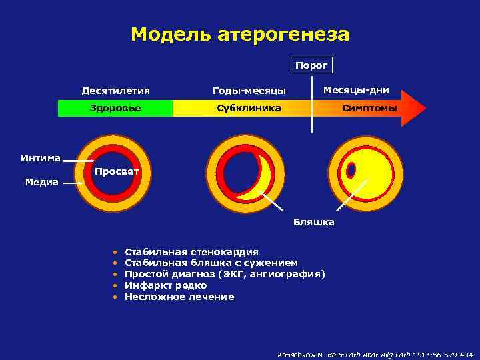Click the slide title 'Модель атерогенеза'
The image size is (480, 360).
pos(239,34)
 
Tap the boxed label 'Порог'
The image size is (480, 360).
pos(311,65)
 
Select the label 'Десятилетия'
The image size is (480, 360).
pos(115,91)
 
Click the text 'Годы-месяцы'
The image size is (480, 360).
pos(249,91)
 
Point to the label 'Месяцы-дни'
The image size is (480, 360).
pos(356,90)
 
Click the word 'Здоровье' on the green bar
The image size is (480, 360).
pos(115,108)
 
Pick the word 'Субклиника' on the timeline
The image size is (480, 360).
pos(249,108)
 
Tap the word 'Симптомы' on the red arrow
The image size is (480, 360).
pos(369,108)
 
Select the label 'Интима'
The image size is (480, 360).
pos(40,158)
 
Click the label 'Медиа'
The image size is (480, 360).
pos(41,182)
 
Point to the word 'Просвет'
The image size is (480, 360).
pos(117,172)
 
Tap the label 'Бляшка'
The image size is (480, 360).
pos(314,222)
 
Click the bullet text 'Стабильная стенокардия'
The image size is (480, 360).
pos(191,252)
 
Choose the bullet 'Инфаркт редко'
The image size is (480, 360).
pos(165,285)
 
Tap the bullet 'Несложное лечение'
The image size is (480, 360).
pos(179,297)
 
